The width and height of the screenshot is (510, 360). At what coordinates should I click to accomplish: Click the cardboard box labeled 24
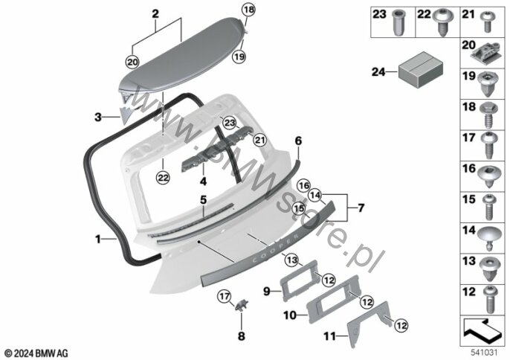pyautogui.click(x=421, y=69)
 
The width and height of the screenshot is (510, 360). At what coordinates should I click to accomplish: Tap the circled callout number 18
pyautogui.click(x=248, y=10)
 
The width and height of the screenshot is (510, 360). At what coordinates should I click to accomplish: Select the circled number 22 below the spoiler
pyautogui.click(x=163, y=177)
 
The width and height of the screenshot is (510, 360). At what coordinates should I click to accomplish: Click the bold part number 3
pyautogui.click(x=98, y=117)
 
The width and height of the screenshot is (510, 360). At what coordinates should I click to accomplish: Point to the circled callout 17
pyautogui.click(x=225, y=297)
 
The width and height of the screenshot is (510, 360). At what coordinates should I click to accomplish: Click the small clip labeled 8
pyautogui.click(x=241, y=305)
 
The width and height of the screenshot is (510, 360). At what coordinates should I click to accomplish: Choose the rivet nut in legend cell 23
pyautogui.click(x=399, y=23)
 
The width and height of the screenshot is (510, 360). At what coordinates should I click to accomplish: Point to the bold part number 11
pyautogui.click(x=329, y=336)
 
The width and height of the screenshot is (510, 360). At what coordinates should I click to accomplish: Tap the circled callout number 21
pyautogui.click(x=260, y=140)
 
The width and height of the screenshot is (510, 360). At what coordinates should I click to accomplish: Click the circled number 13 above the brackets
pyautogui.click(x=291, y=260)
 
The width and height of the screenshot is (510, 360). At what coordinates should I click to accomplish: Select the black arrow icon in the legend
pyautogui.click(x=482, y=330)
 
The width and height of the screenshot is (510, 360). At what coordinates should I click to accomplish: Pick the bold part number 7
pyautogui.click(x=361, y=208)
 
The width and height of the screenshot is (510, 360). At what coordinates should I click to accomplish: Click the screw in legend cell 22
pyautogui.click(x=442, y=22)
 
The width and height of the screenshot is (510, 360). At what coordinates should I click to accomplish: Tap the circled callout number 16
pyautogui.click(x=304, y=186)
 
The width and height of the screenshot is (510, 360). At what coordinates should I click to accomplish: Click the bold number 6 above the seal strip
pyautogui.click(x=298, y=141)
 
